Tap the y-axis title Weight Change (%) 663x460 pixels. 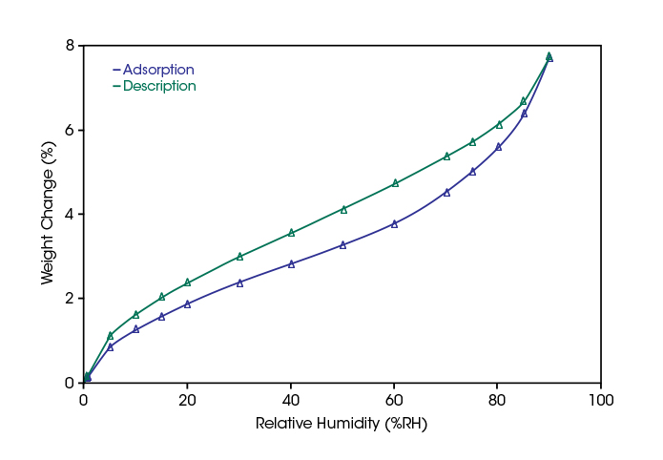coord(48,214)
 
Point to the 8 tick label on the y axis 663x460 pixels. coord(70,46)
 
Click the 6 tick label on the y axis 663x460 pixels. coord(70,130)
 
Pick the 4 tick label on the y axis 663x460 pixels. coord(70,214)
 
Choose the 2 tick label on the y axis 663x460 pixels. coord(70,299)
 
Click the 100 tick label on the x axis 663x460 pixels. coord(600,399)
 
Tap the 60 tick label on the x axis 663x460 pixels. coord(394,399)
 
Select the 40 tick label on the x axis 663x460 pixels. coord(291,399)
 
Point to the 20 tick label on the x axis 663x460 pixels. coord(187,399)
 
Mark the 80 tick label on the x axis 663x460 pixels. coord(497,399)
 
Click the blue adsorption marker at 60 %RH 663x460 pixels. coord(394,223)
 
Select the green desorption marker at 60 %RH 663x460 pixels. coord(395,182)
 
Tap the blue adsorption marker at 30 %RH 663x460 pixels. coord(239,282)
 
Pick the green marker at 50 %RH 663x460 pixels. coord(343,208)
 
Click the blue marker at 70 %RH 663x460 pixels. coord(446,192)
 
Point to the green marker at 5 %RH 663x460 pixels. coord(111,335)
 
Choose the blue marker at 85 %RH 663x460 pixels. coord(524,113)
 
